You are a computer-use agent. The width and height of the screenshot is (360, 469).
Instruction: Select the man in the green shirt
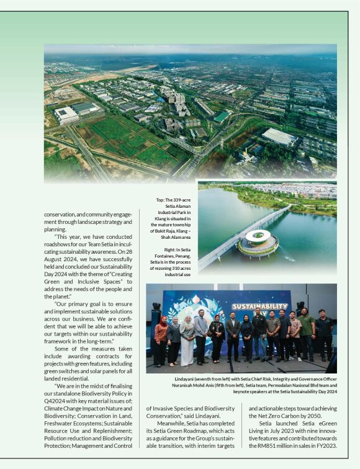coord(306,333)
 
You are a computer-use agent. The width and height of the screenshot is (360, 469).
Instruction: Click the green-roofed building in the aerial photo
coord(221,117)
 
